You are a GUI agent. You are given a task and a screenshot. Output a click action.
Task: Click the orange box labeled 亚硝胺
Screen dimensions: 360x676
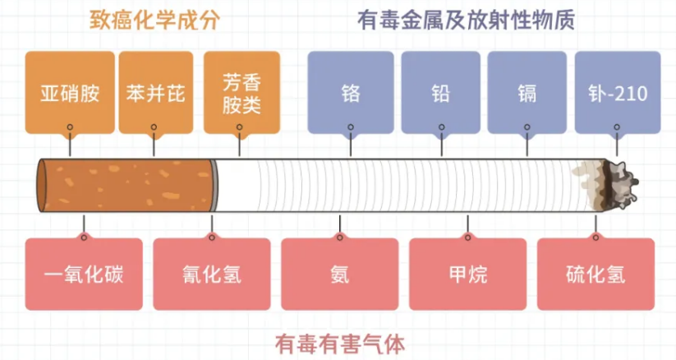coord(70,92)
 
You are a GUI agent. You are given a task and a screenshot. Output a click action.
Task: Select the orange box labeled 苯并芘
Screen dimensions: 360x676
coord(156,92)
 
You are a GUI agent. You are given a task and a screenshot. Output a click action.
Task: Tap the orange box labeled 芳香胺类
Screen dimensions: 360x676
coord(241,92)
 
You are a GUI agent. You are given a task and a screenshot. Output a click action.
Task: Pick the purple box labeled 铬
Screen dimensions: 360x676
coord(351,92)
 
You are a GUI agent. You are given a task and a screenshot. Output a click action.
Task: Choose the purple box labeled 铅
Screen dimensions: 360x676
coord(440,92)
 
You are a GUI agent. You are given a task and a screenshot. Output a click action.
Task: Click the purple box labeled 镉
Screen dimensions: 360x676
coord(527,92)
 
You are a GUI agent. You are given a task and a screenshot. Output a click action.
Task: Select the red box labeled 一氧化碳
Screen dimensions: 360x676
coord(83,274)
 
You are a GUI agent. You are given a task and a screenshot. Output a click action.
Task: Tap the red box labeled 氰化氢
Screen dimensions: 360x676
coord(211,274)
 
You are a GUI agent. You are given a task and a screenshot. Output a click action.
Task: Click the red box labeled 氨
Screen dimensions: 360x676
coord(339,274)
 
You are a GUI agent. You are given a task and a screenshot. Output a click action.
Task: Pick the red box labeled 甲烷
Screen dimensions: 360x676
coord(467,274)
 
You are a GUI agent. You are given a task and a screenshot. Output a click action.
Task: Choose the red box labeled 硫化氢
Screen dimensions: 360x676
coord(596,274)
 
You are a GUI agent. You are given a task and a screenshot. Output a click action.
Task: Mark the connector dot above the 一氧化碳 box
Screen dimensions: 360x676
coord(83,238)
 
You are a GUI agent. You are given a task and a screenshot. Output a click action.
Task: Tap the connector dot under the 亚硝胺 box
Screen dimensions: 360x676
coord(70,127)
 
